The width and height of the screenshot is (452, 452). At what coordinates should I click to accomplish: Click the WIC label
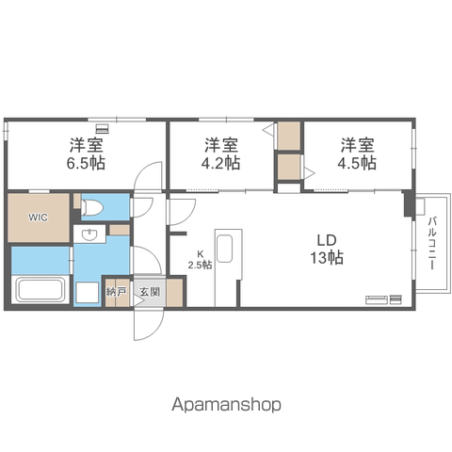coord(38,218)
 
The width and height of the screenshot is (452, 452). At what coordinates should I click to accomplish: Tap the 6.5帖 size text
coord(86,163)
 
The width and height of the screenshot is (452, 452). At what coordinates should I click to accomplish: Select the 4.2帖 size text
coord(220,163)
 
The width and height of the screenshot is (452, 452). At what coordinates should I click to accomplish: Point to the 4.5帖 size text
coord(357,163)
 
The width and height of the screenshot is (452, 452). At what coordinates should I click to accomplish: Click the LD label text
coord(327,240)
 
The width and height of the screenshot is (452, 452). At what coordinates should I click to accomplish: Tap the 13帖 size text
coord(327,258)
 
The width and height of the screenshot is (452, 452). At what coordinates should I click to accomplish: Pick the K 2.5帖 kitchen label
coord(200,260)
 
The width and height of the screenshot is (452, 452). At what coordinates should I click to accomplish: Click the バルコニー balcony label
coord(432,243)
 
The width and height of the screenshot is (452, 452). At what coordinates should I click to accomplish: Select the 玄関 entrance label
coord(150,292)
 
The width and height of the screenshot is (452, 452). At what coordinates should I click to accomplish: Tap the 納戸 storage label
coord(117,292)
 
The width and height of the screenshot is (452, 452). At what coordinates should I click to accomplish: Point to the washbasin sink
coord(89,234)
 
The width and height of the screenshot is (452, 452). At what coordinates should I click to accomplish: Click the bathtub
coord(40,289)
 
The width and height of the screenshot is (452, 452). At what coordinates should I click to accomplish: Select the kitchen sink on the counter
coord(224,248)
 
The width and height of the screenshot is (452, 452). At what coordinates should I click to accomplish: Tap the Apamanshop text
coord(226,404)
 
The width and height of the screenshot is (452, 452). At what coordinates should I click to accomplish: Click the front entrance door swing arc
coord(155,332)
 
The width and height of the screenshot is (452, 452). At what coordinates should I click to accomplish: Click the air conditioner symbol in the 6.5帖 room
coord(102,129)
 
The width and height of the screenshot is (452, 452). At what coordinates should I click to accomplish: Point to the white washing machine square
coord(88,293)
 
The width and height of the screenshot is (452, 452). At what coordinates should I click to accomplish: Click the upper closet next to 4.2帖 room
coord(289,136)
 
